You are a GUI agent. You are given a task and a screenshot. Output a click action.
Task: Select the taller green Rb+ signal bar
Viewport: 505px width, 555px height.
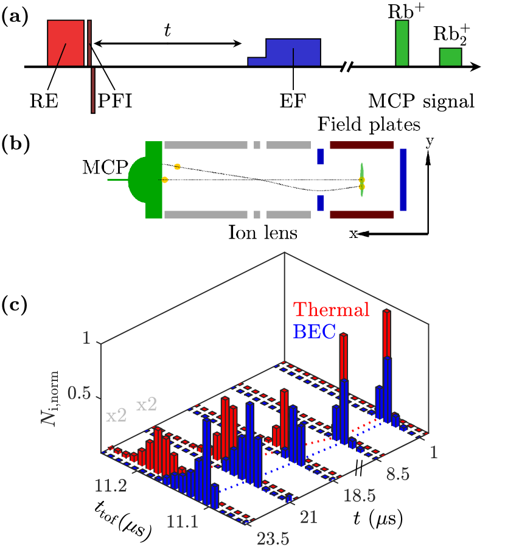pyautogui.click(x=402, y=43)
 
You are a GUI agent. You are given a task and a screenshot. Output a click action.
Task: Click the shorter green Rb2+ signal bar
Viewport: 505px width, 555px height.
pyautogui.click(x=451, y=56)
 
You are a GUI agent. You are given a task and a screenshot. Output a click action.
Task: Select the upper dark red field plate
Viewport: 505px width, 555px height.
pyautogui.click(x=361, y=145)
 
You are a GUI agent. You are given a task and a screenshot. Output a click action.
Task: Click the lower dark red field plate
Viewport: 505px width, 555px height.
pyautogui.click(x=361, y=214)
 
